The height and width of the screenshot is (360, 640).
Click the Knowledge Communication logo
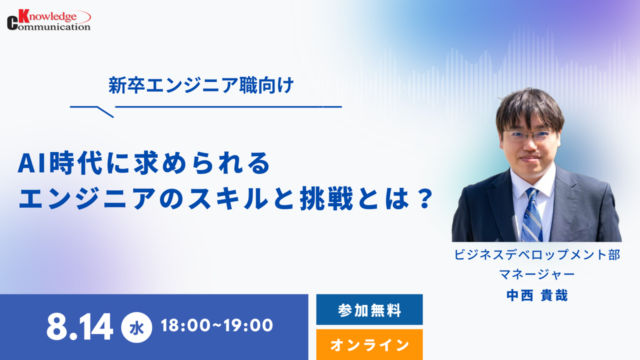pos(49,20)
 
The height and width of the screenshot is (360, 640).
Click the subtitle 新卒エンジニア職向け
pos(201,85)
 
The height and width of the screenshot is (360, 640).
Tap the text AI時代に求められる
pos(143,163)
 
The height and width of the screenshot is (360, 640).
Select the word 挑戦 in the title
pos(326,198)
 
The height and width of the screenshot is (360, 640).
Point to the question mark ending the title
pos(423,198)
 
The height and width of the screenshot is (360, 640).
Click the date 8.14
pos(79,326)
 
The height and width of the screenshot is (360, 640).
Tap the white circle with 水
pos(136,327)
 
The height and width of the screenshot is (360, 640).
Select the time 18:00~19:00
pos(217,325)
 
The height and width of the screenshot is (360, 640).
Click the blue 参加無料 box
pos(369,309)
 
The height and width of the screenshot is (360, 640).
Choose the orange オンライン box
pos(369,344)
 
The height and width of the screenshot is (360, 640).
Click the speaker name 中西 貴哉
pos(537,295)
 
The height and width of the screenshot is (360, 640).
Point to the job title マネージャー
pos(537,274)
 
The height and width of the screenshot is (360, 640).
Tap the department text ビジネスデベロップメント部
pos(537,254)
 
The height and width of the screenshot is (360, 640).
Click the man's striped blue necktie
pos(531,215)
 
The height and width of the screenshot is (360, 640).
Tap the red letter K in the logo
pos(24,16)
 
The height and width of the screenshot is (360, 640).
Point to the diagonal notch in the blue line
pos(105,111)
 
